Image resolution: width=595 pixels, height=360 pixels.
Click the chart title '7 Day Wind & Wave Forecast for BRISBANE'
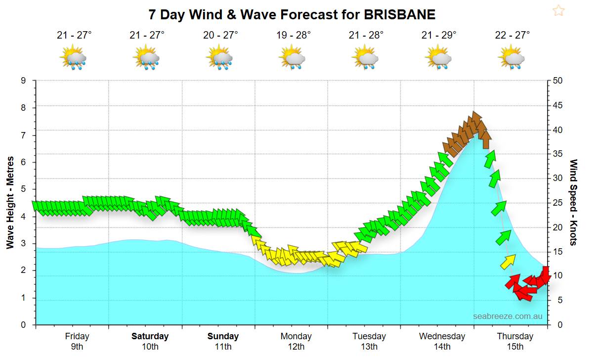tap(292, 14)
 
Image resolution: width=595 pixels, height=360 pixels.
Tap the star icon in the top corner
tap(558, 10)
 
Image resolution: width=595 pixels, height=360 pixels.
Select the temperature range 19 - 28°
tap(294, 35)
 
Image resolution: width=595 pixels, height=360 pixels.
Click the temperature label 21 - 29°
tap(439, 35)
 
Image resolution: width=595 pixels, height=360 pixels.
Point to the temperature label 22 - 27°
tap(512, 35)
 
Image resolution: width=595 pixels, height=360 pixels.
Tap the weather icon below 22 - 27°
tap(512, 56)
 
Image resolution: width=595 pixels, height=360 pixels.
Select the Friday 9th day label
tap(77, 341)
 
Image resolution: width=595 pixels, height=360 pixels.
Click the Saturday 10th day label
tap(150, 341)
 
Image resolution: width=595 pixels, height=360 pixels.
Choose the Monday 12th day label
tap(296, 341)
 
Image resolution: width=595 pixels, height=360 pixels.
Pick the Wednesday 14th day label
tap(442, 341)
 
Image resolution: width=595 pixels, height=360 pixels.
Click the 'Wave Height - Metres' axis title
tap(10, 203)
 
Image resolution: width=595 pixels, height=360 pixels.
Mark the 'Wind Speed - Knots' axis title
tap(574, 203)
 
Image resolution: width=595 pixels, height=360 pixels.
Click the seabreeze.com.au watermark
tap(508, 315)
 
